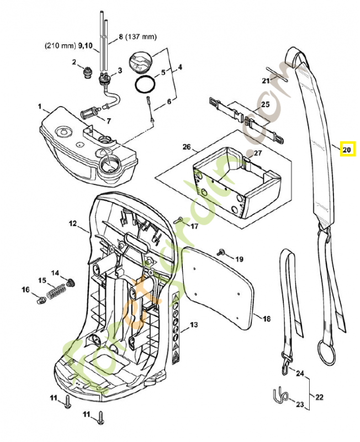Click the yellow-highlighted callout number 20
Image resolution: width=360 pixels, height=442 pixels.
pos(346,149)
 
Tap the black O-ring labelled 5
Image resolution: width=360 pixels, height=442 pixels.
pos(145,86)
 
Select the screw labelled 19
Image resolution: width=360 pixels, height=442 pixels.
pos(222,252)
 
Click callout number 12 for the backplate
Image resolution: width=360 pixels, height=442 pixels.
pos(72,224)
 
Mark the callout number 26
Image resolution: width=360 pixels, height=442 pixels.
pos(187,147)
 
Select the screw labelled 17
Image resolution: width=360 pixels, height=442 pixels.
pos(178,220)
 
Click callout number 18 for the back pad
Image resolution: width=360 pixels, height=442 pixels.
pos(266,319)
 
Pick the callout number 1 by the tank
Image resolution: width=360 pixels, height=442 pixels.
pos(39,105)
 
